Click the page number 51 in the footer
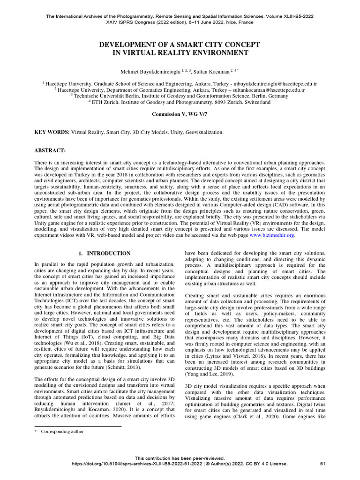[322, 464]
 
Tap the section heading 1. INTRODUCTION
[105, 254]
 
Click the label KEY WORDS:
[52, 132]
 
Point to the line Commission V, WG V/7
[180, 114]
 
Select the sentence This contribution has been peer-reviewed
[180, 458]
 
